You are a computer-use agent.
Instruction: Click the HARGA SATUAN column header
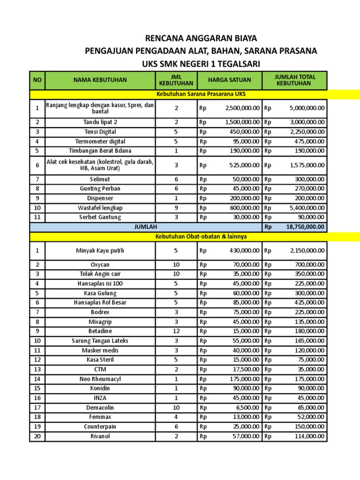tap(230, 80)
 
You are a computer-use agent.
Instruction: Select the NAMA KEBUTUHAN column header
tap(100, 80)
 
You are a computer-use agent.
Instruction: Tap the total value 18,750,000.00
tap(305, 227)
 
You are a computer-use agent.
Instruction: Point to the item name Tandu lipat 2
tap(100, 122)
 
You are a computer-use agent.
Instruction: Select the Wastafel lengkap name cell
tap(100, 208)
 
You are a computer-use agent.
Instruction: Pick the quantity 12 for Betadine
tap(176, 331)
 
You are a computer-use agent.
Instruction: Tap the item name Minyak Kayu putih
tap(100, 251)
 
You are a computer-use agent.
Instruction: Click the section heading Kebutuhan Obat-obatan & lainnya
tap(201, 236)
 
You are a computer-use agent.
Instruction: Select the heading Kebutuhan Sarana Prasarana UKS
tap(201, 94)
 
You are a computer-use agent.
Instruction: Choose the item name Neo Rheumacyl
tap(100, 379)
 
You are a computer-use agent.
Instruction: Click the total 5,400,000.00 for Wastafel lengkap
tap(305, 208)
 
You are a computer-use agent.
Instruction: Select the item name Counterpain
tap(100, 427)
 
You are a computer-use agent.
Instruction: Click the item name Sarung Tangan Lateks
tap(100, 341)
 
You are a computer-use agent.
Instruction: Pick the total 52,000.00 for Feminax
tap(309, 417)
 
